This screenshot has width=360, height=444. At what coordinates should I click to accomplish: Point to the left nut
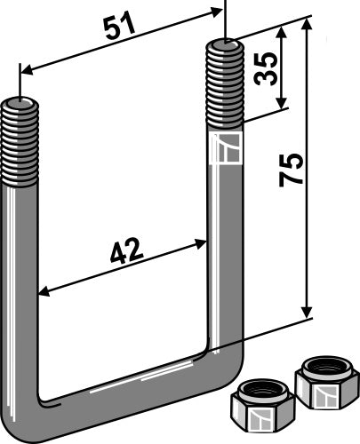click(x=260, y=405)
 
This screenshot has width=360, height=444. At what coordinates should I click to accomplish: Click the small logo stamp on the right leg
click(x=226, y=149)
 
